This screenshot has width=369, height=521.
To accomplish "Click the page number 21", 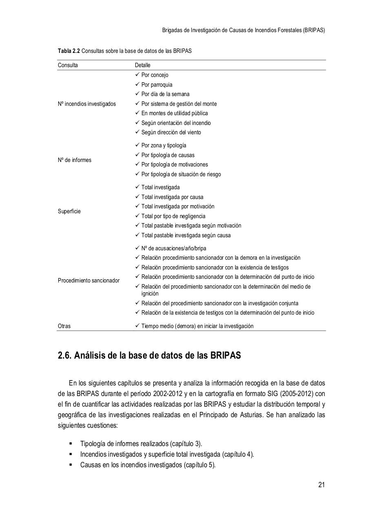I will point(321,484).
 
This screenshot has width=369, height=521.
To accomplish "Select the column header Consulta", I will point(68,65).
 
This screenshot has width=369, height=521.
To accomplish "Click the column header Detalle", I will point(143,65).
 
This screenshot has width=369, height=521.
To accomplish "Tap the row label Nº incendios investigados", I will point(86,104).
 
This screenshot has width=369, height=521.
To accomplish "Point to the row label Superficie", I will point(69,211).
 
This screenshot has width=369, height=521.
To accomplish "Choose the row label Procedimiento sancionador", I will point(88,280).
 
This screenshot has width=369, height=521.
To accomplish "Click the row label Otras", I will point(64,326).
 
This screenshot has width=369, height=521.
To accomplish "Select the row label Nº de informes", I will point(75,160).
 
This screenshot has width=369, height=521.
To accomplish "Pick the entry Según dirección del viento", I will point(171,132).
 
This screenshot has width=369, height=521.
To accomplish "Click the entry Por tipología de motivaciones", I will point(175,164).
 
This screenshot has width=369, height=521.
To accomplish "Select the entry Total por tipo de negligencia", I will point(173,216).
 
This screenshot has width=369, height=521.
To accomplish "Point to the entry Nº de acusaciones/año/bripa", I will point(174,248).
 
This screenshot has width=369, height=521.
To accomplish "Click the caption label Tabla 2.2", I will point(69,51).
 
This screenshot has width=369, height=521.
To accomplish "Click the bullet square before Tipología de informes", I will point(71,443).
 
